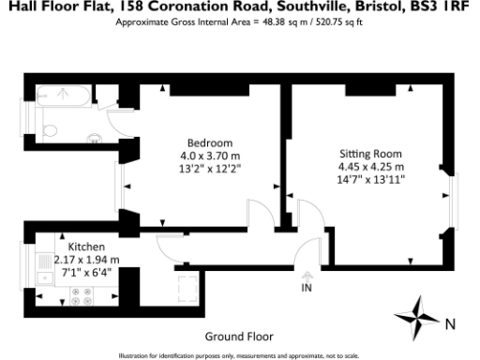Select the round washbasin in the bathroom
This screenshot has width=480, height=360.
coord(95,141)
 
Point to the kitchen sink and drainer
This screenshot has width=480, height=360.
coord(44,270)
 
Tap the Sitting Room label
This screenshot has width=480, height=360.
coord(370,153)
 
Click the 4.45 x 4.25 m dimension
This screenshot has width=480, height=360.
coord(371,167)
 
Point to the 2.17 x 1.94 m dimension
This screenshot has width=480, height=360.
coord(86,260)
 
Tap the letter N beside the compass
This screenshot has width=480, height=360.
coord(449,323)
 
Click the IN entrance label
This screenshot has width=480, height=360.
coord(306,289)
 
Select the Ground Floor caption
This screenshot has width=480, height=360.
coord(239,335)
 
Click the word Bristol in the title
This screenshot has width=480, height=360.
coord(372,7)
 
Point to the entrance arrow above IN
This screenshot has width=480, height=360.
coord(306,277)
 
